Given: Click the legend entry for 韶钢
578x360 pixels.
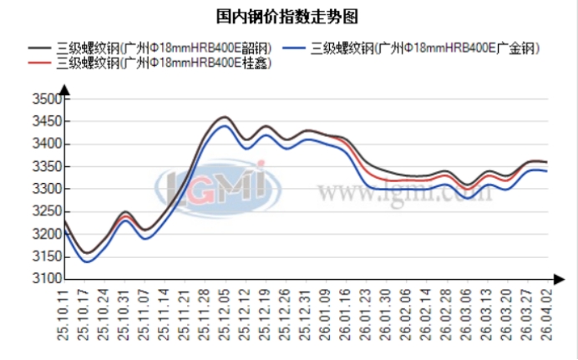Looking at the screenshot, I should [x=159, y=48].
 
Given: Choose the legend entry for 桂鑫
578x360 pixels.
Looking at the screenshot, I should [x=159, y=62].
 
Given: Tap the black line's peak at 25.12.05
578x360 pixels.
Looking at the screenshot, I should [x=225, y=117].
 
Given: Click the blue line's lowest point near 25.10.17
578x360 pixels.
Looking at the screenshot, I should [x=85, y=261].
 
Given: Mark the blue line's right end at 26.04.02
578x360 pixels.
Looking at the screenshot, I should [x=546, y=171].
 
